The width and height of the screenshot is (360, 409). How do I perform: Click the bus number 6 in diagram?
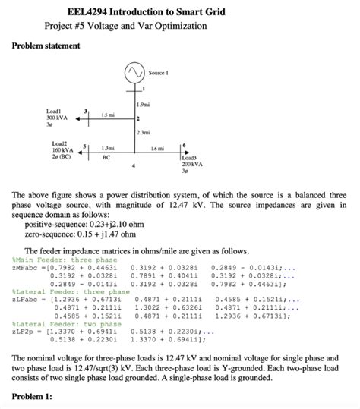tap(183, 144)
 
